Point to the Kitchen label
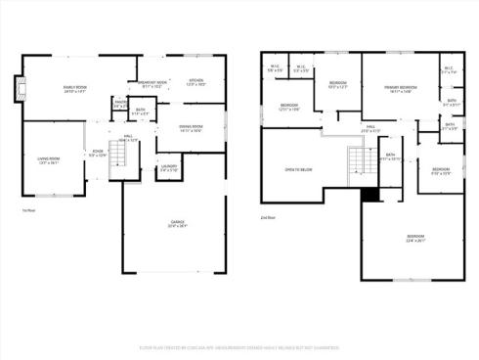(196, 81)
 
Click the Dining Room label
(191, 127)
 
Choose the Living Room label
(49, 160)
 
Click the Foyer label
(98, 153)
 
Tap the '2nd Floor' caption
(268, 217)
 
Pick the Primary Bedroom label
(398, 89)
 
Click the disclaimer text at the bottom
(239, 347)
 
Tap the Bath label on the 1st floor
(140, 111)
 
